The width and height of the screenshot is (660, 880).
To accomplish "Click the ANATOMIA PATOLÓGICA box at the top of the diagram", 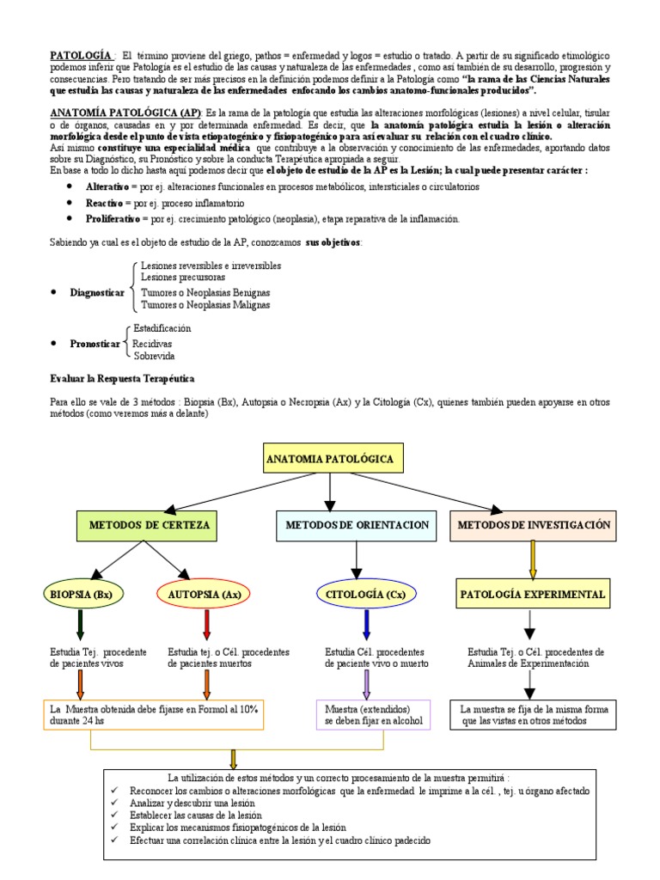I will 330,460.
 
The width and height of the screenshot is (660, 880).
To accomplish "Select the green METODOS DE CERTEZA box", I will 149,524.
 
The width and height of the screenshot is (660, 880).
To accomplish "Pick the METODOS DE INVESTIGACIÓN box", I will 534,524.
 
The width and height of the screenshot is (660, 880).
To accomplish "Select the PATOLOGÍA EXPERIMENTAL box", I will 533,594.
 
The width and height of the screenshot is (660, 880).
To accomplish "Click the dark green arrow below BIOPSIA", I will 80,622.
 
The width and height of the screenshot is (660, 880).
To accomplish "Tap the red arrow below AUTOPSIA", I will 206,622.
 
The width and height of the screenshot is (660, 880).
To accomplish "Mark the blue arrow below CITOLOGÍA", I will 367,622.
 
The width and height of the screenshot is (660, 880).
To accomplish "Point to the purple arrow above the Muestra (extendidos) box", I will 367,684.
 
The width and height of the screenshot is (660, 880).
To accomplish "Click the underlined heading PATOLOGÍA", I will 82,55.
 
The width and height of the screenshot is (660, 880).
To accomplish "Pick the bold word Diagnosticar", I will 97,293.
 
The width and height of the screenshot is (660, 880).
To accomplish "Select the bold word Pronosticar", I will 95,343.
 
